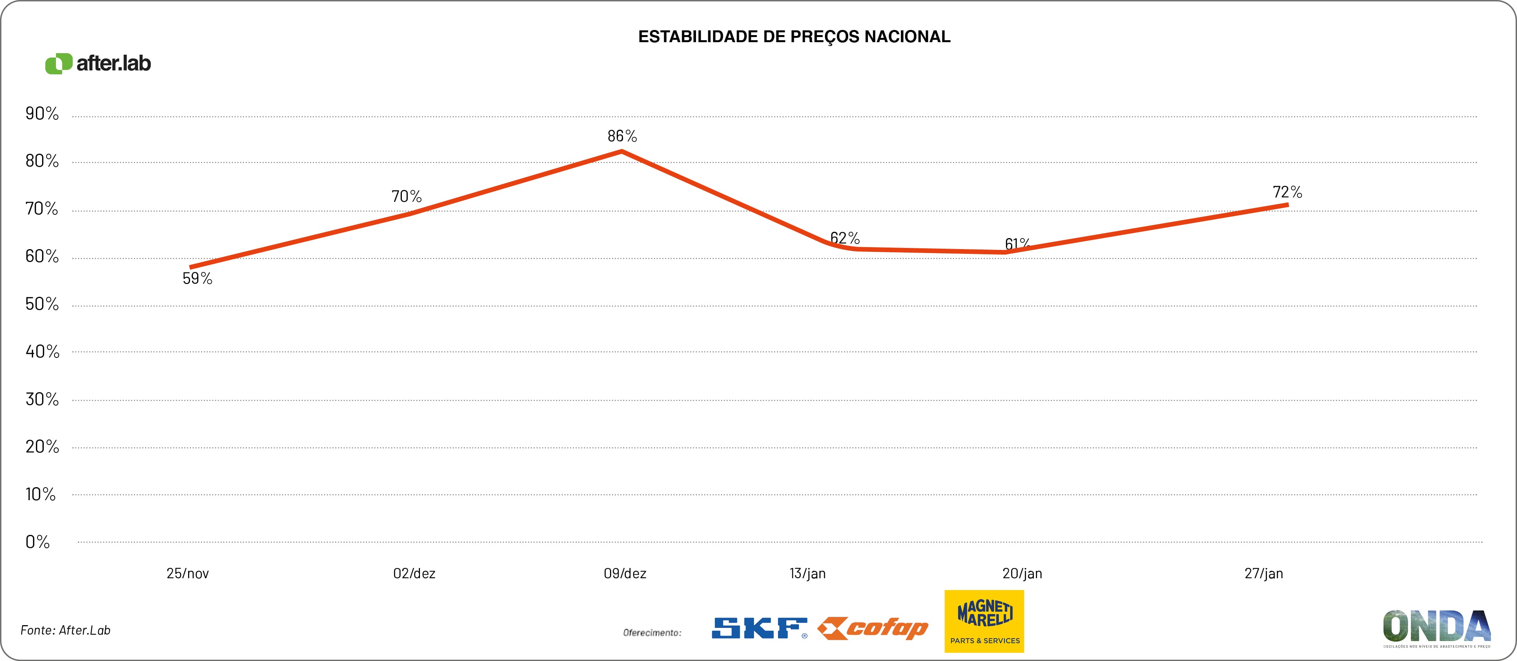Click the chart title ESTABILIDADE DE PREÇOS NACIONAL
(x=794, y=37)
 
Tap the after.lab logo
(x=98, y=63)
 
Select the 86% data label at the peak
(x=622, y=136)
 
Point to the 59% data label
(x=197, y=278)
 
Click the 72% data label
(x=1287, y=192)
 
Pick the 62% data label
(x=845, y=238)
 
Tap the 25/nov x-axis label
(x=187, y=573)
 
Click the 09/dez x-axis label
(x=625, y=573)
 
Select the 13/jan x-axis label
(x=807, y=573)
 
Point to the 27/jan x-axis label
(x=1263, y=573)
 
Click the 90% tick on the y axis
(x=42, y=114)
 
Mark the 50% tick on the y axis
(x=42, y=304)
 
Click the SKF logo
(x=759, y=628)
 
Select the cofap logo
(x=873, y=629)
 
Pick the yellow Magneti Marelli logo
(x=984, y=621)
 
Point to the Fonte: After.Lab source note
(x=65, y=630)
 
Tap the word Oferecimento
(x=652, y=633)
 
